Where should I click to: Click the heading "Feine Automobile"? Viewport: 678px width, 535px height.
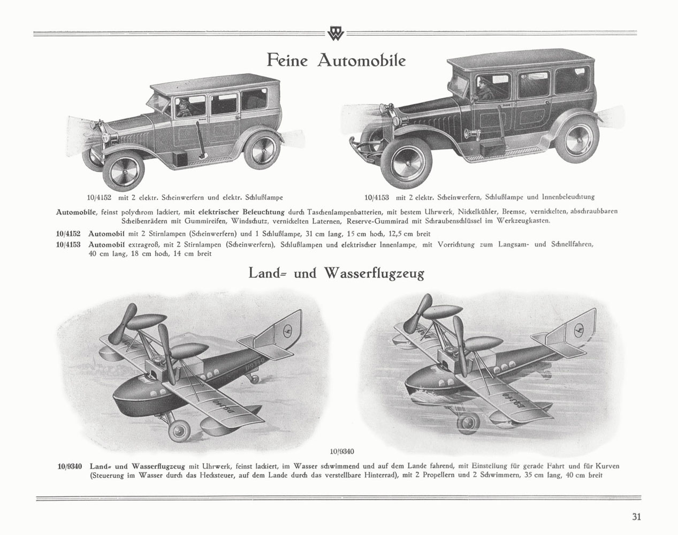[336, 60]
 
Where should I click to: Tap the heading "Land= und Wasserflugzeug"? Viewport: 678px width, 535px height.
[336, 273]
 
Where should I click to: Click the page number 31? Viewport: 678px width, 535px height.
[636, 517]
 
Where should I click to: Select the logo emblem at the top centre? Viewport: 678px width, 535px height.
[336, 33]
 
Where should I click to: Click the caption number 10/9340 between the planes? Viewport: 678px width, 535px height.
[342, 451]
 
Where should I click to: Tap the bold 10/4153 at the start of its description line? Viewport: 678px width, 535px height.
[68, 244]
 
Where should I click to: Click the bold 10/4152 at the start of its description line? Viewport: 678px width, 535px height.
[68, 234]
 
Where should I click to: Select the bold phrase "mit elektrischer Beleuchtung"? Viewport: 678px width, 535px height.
[234, 211]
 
